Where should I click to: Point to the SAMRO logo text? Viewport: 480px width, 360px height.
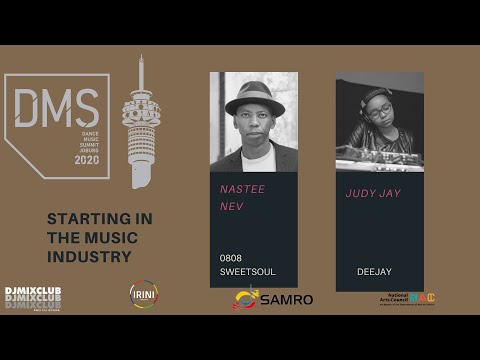pos(289,300)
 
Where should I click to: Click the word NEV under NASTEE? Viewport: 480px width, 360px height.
pos(231,207)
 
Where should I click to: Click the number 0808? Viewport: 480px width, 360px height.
pos(231,257)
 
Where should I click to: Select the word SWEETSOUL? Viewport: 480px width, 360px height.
pos(247,271)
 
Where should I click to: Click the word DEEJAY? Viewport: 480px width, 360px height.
pos(373,271)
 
